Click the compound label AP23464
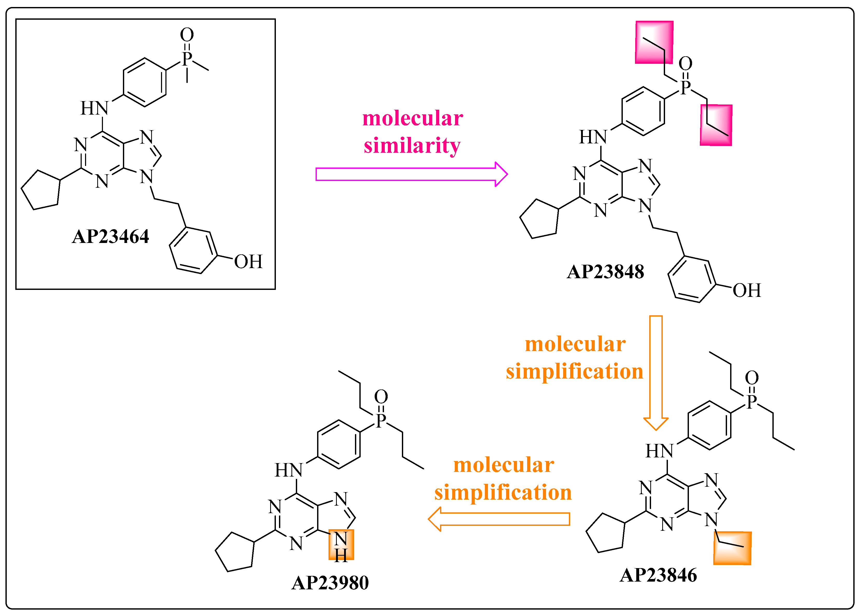pyautogui.click(x=110, y=237)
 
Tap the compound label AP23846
pyautogui.click(x=658, y=575)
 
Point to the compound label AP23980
pyautogui.click(x=330, y=583)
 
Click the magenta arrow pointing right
pyautogui.click(x=411, y=174)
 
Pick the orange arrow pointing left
pyautogui.click(x=499, y=519)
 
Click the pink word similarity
pyautogui.click(x=412, y=145)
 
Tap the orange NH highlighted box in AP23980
pyautogui.click(x=341, y=545)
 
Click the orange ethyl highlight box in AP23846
pyautogui.click(x=732, y=548)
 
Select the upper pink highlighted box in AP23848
pyautogui.click(x=654, y=42)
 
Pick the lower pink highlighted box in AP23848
pyautogui.click(x=716, y=125)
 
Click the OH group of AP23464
pyautogui.click(x=248, y=262)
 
